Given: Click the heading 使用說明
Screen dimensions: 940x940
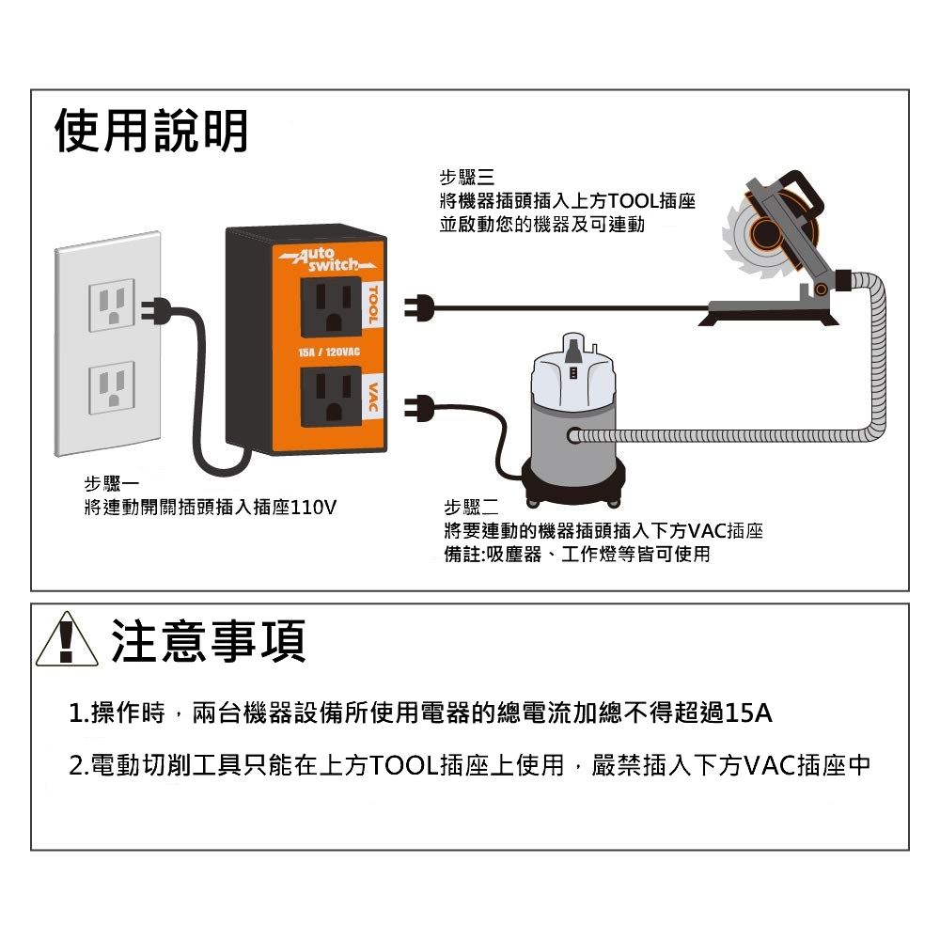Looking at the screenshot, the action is [151, 131].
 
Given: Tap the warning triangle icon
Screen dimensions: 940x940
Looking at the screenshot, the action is [67, 639].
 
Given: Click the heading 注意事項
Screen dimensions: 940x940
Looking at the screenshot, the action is [208, 641].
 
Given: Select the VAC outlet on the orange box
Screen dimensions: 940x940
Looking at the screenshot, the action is [331, 397].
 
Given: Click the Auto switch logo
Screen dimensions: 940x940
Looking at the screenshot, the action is [327, 259].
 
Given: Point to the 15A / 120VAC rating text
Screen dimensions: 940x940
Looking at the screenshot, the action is [329, 352].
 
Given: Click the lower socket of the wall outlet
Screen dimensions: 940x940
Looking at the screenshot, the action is [112, 387].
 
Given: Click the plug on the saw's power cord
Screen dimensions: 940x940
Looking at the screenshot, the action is [418, 308].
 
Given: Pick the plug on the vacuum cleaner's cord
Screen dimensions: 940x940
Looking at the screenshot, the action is [418, 408].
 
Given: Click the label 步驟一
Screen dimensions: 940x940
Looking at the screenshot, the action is [112, 484].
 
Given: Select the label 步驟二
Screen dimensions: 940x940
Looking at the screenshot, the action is [471, 508].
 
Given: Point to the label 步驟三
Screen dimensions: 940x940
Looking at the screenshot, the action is [466, 178].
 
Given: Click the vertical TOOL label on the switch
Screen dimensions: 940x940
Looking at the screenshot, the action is [372, 305].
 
